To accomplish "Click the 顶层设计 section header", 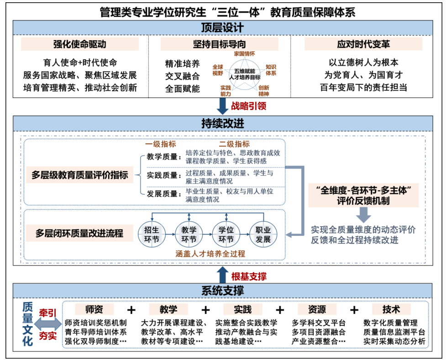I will click(222, 28).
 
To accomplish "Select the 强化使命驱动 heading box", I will click(80, 44).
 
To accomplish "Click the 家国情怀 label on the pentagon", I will click(244, 54).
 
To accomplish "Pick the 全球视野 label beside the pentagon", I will click(218, 69).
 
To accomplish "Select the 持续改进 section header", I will click(222, 123).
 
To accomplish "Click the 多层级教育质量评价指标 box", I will click(80, 174).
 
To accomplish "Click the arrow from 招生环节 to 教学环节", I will click(169, 234).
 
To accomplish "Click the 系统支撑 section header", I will click(222, 291).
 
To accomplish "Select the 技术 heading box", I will click(391, 309).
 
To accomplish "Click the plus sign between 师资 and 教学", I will click(131, 310).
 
